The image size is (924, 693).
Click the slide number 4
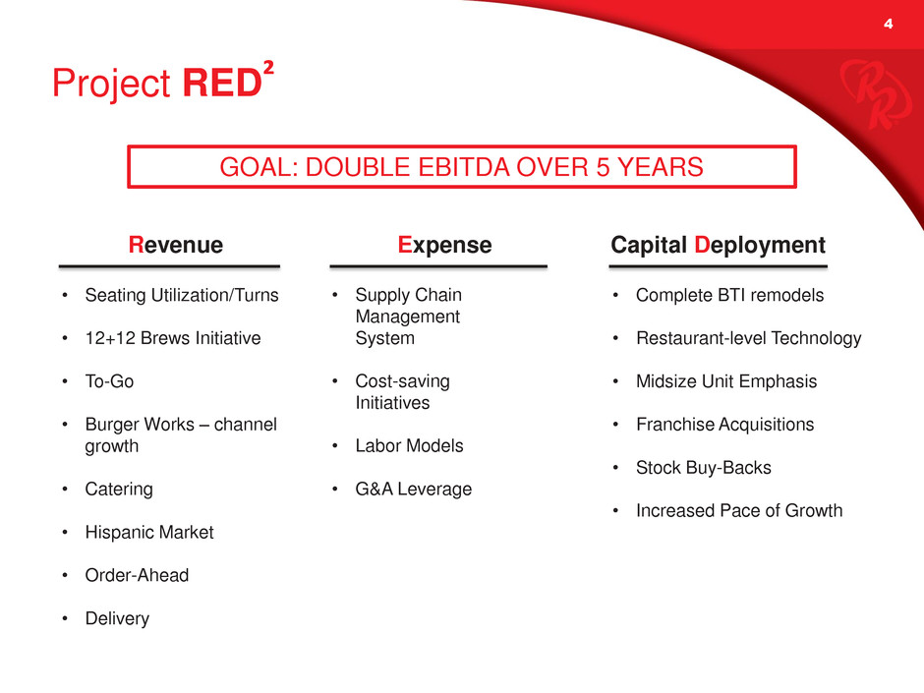(x=888, y=24)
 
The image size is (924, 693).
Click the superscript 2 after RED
(x=268, y=67)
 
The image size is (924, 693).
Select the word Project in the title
(x=111, y=84)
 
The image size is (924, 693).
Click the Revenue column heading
(x=176, y=245)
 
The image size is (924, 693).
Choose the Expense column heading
(x=444, y=245)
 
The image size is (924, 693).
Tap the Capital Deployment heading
(x=718, y=245)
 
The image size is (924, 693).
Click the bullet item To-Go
(x=110, y=381)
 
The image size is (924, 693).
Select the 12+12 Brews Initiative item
(x=173, y=338)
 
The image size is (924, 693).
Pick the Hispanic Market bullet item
(x=149, y=532)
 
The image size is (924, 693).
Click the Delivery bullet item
(x=117, y=618)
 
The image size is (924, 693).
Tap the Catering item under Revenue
(x=119, y=490)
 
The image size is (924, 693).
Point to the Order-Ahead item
(x=137, y=575)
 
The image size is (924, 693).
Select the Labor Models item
(x=409, y=445)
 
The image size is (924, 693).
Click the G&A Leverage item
(x=414, y=490)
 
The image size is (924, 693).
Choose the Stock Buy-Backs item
(x=704, y=467)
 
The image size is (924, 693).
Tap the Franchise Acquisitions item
(x=724, y=425)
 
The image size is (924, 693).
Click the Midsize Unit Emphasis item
(x=726, y=381)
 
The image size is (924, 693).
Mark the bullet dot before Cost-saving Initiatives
(x=335, y=381)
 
